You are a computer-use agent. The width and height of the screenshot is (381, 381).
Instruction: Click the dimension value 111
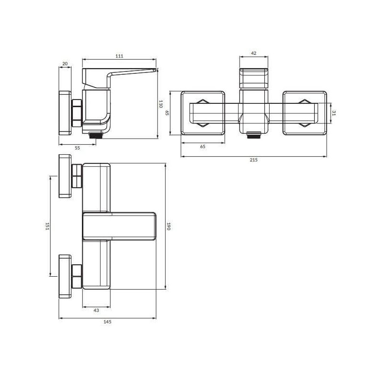(x=120, y=56)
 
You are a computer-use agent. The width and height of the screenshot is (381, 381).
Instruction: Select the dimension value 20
(x=65, y=64)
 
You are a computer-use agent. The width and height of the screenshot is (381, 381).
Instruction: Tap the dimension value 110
(x=160, y=104)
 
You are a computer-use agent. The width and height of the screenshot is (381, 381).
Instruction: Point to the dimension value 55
(x=77, y=148)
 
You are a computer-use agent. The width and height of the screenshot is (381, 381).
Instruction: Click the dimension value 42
(x=254, y=53)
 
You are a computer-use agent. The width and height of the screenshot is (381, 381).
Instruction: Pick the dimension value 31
(x=334, y=113)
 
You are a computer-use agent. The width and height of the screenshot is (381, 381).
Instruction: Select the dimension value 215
(x=254, y=160)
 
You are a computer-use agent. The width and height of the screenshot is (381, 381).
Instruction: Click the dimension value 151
(x=47, y=226)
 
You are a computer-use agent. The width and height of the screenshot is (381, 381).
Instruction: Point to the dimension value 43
(x=96, y=311)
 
